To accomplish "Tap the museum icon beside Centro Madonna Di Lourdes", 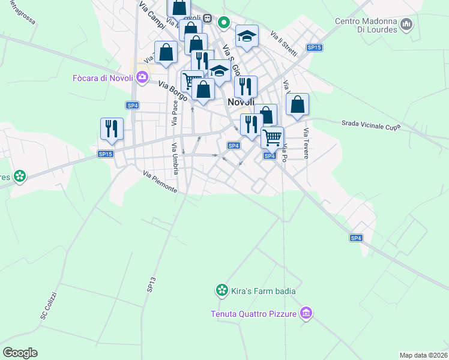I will (x=407, y=25).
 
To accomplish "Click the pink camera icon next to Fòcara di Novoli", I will (x=142, y=77).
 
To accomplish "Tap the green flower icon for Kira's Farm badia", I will (x=221, y=291).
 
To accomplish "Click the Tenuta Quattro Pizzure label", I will (x=253, y=313).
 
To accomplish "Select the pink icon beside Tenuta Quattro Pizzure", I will (x=307, y=313).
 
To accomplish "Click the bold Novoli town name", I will (x=242, y=103).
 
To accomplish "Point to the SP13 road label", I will (x=151, y=284).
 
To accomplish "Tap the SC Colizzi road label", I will (x=49, y=306).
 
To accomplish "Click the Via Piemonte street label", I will (x=160, y=182).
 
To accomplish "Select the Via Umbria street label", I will (x=175, y=158).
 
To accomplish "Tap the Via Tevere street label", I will (x=306, y=143).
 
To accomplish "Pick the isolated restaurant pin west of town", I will (x=112, y=130).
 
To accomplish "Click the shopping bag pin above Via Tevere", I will (x=297, y=106).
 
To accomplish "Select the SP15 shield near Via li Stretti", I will (x=314, y=47).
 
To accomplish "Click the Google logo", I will (x=20, y=353).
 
